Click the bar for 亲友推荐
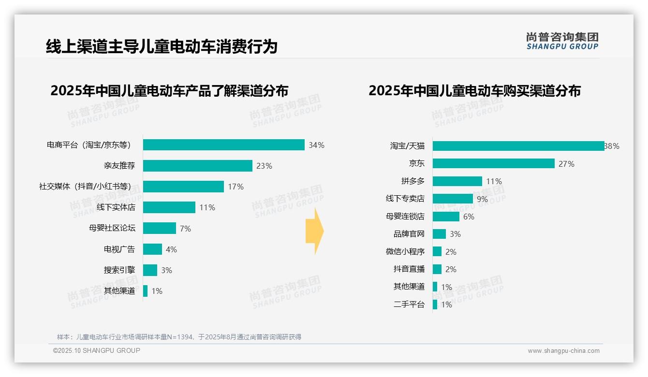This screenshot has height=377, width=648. [x=198, y=166]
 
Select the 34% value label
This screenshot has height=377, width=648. [x=316, y=145]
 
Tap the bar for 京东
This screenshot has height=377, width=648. [x=493, y=164]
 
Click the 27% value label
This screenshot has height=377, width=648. [x=566, y=164]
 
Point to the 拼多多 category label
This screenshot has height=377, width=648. [x=412, y=181]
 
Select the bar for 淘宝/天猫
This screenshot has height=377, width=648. [x=518, y=146]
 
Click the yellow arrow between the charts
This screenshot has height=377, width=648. [x=314, y=231]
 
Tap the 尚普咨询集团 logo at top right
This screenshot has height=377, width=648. [x=562, y=41]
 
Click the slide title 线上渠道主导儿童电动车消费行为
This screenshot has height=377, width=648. [x=162, y=47]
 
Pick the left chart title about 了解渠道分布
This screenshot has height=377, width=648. [x=169, y=91]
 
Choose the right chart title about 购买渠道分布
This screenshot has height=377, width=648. [x=474, y=91]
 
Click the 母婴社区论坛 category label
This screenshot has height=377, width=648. [x=112, y=228]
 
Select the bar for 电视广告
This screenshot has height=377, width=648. [x=152, y=249]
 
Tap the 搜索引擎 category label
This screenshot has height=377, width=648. [x=119, y=270]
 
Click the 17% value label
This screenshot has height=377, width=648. [x=236, y=187]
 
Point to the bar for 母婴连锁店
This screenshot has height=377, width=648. [x=446, y=217]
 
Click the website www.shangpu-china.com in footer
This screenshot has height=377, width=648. [x=563, y=351]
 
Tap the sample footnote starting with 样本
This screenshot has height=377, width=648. [x=179, y=337]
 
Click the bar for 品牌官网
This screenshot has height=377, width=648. [x=439, y=234]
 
